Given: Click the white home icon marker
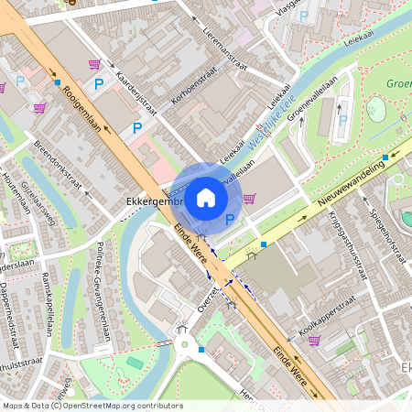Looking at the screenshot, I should [206, 197].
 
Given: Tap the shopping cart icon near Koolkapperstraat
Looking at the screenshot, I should [314, 341].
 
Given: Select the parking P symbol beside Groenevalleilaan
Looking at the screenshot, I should [343, 118].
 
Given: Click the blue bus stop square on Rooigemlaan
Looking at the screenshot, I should [57, 82].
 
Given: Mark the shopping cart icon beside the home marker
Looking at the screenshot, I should [249, 198].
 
